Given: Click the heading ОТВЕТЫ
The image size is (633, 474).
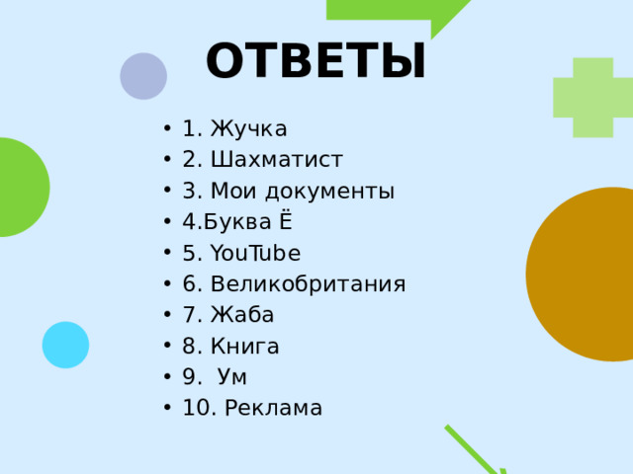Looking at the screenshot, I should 316,61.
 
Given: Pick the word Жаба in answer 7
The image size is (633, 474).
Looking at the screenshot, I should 242,315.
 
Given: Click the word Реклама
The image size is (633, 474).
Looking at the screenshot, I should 273,408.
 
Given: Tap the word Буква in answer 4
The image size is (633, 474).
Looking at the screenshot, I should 232,221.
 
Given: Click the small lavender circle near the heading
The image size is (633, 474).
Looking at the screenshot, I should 143,76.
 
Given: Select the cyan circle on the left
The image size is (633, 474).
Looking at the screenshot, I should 65,345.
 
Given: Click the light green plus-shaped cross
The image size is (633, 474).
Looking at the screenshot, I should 592,97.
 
